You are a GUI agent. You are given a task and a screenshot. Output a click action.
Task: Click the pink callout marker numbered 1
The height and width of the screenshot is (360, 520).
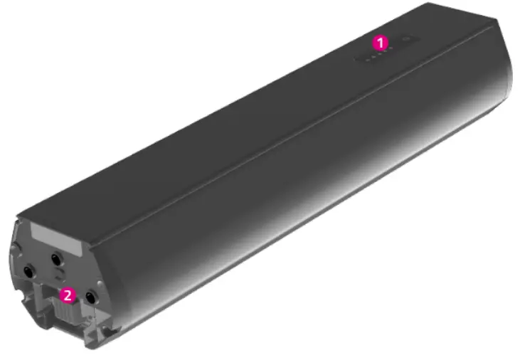click(383, 41)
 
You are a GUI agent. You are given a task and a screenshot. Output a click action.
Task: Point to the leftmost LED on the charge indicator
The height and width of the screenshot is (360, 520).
click(366, 59)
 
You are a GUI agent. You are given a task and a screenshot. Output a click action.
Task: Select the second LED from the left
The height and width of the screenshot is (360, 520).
click(373, 58)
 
